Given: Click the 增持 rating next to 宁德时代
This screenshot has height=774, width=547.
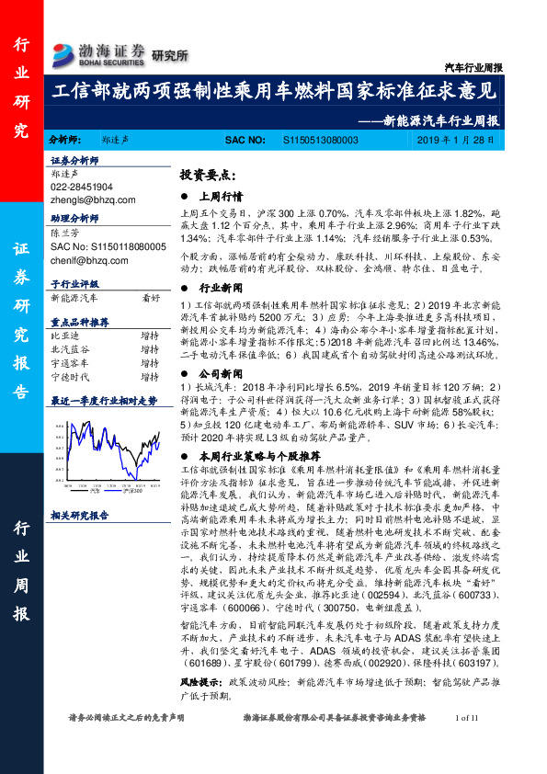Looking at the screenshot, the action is [x=149, y=377].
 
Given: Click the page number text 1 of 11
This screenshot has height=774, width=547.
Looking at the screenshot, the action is [x=466, y=743].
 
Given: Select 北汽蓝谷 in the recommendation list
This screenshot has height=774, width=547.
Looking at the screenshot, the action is [x=70, y=350].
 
